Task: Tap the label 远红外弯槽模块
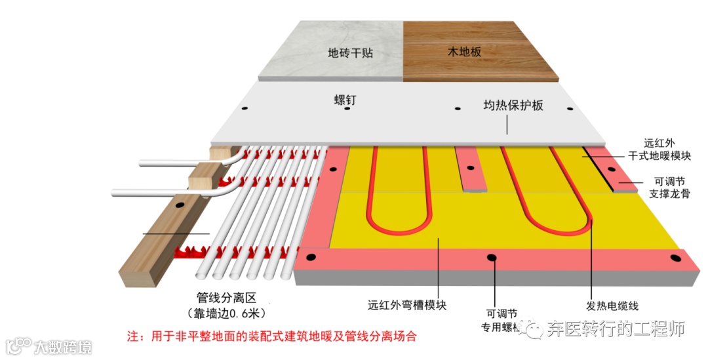click(x=406, y=306)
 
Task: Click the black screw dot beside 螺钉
click(x=347, y=108)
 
